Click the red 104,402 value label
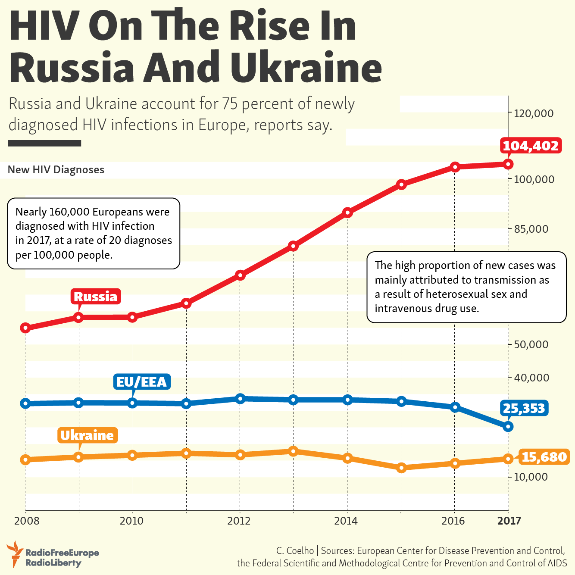(531, 146)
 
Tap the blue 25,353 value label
(524, 408)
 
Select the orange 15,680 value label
(544, 456)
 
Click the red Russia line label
(95, 297)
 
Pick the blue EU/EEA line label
(141, 382)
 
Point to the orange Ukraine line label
(87, 435)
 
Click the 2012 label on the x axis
(239, 521)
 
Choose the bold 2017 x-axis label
(509, 521)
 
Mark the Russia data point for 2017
(508, 164)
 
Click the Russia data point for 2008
(25, 328)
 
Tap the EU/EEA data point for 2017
(508, 427)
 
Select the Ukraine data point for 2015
(401, 468)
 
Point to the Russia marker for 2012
(240, 275)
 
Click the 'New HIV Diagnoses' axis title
(56, 170)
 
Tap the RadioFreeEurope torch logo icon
(16, 554)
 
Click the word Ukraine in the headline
(306, 68)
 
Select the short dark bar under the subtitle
(44, 143)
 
